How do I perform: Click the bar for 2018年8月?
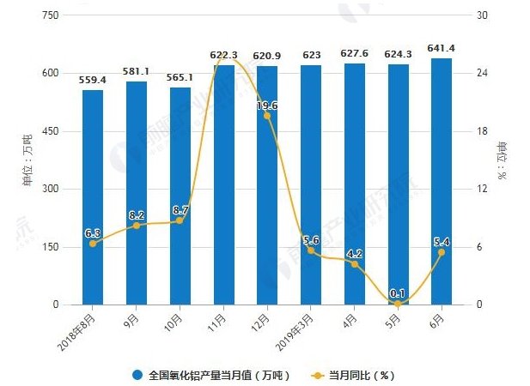coord(93,197)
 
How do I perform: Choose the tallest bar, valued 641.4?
coord(442,181)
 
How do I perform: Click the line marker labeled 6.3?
coord(93,244)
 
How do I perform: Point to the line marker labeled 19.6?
coord(267,116)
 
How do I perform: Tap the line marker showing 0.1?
coord(398,304)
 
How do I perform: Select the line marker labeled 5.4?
coord(442,252)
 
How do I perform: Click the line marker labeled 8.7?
coord(180,220)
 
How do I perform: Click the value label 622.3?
coord(223,55)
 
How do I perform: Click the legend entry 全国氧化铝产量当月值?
coord(210,375)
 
